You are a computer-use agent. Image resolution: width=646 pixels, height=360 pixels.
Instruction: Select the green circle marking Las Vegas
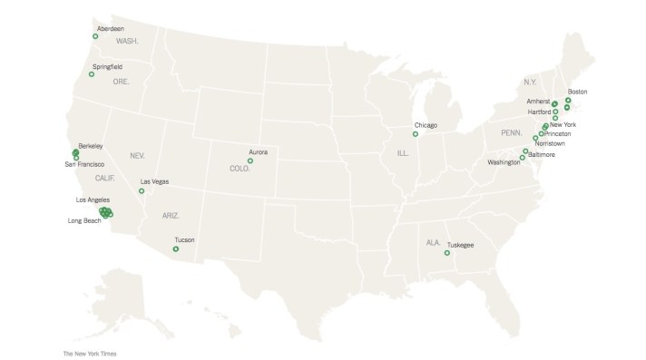[141, 191]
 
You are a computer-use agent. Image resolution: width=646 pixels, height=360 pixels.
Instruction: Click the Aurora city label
[259, 151]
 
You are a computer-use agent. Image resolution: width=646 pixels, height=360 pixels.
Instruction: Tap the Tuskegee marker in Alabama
[446, 254]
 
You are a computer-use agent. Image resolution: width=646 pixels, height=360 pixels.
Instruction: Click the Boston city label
[577, 92]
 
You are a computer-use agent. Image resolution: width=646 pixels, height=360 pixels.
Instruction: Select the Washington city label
[503, 162]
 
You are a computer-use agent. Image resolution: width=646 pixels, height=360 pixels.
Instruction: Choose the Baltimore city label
[545, 154]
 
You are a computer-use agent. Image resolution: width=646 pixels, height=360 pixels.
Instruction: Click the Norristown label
[551, 143]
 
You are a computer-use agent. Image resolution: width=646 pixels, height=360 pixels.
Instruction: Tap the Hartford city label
[540, 112]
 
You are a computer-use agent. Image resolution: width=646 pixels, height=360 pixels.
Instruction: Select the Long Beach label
[83, 220]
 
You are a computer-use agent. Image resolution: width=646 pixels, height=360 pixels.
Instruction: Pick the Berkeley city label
[91, 145]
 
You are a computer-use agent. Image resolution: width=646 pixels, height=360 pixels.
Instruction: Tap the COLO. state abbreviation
[240, 169]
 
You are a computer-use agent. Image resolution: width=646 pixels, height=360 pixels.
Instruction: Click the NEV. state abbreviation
[138, 155]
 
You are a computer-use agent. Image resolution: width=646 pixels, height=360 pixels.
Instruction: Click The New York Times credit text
[89, 353]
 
